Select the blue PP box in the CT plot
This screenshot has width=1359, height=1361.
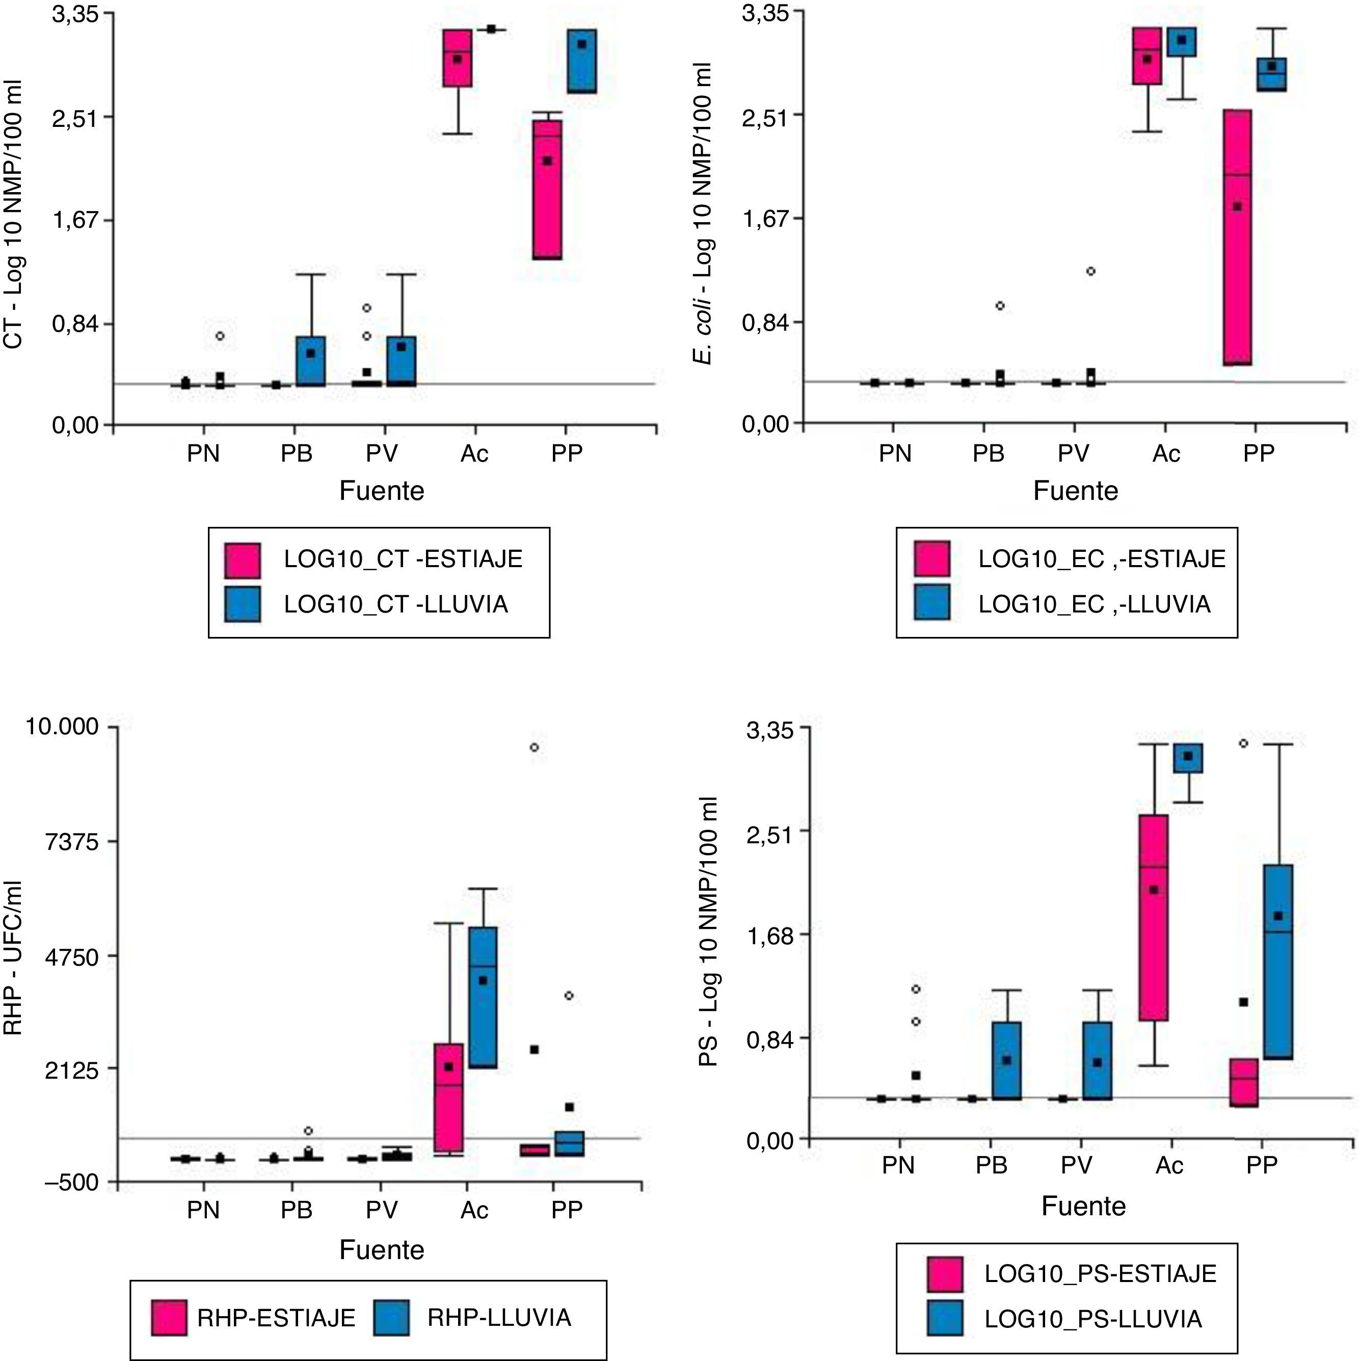(582, 61)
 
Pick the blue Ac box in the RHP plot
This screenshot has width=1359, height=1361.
(483, 998)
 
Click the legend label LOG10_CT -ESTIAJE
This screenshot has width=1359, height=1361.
(403, 558)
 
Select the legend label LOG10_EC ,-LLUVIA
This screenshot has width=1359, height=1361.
(1094, 604)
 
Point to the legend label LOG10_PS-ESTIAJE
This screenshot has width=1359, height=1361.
(1101, 1274)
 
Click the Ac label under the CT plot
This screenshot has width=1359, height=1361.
(474, 453)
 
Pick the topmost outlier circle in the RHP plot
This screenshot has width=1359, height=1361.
(535, 748)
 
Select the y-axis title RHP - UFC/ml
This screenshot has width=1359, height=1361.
(14, 957)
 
